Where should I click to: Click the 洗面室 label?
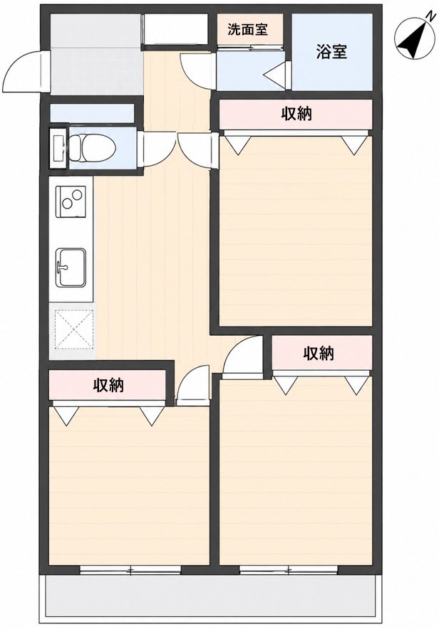click(x=247, y=29)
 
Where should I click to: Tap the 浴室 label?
click(x=331, y=52)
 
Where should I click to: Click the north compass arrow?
click(x=415, y=37)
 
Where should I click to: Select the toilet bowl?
click(x=93, y=148)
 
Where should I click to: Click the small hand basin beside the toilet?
click(x=58, y=148)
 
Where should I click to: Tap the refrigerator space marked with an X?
click(x=73, y=329)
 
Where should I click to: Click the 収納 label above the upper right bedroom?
click(x=296, y=115)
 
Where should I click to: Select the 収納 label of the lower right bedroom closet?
click(x=319, y=354)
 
